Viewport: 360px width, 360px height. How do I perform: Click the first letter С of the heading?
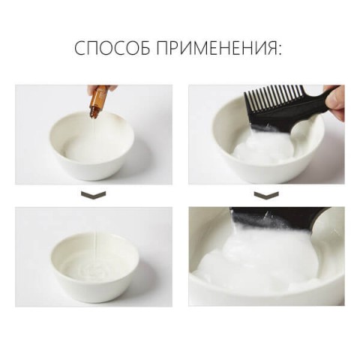click(80, 49)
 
